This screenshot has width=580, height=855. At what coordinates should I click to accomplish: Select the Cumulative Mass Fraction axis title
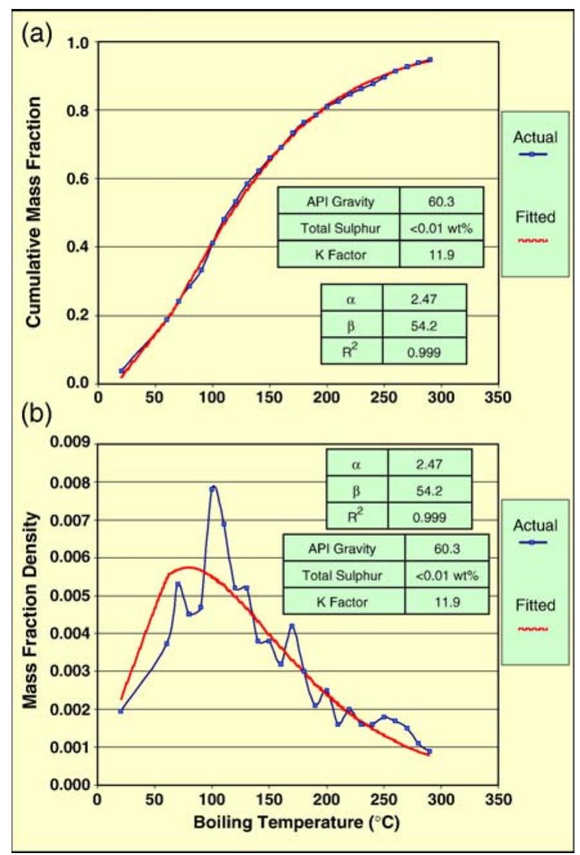pos(33,212)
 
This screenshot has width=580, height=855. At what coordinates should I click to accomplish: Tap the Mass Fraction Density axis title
pos(30,610)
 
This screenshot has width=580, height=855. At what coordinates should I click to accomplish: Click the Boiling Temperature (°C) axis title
pos(296,822)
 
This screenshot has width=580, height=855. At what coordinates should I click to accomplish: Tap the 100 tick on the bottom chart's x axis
pos(212,799)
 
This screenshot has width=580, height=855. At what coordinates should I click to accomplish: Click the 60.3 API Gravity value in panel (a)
pos(441,202)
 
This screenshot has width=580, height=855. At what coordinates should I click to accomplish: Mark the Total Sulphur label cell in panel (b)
pos(342,576)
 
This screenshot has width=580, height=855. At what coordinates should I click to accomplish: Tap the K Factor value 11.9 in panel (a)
pos(441,255)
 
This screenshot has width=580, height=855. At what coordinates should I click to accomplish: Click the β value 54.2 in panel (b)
pos(429,491)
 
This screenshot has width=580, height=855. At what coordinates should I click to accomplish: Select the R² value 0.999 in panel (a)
pos(424,352)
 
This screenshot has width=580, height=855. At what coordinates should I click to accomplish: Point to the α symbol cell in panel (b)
pos(356,464)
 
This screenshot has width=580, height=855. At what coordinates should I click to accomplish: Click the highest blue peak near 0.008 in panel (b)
pos(213,488)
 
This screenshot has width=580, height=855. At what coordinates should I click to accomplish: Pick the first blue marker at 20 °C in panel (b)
pos(121,711)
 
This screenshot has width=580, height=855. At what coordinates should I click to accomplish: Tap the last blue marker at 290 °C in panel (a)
pos(430,60)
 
